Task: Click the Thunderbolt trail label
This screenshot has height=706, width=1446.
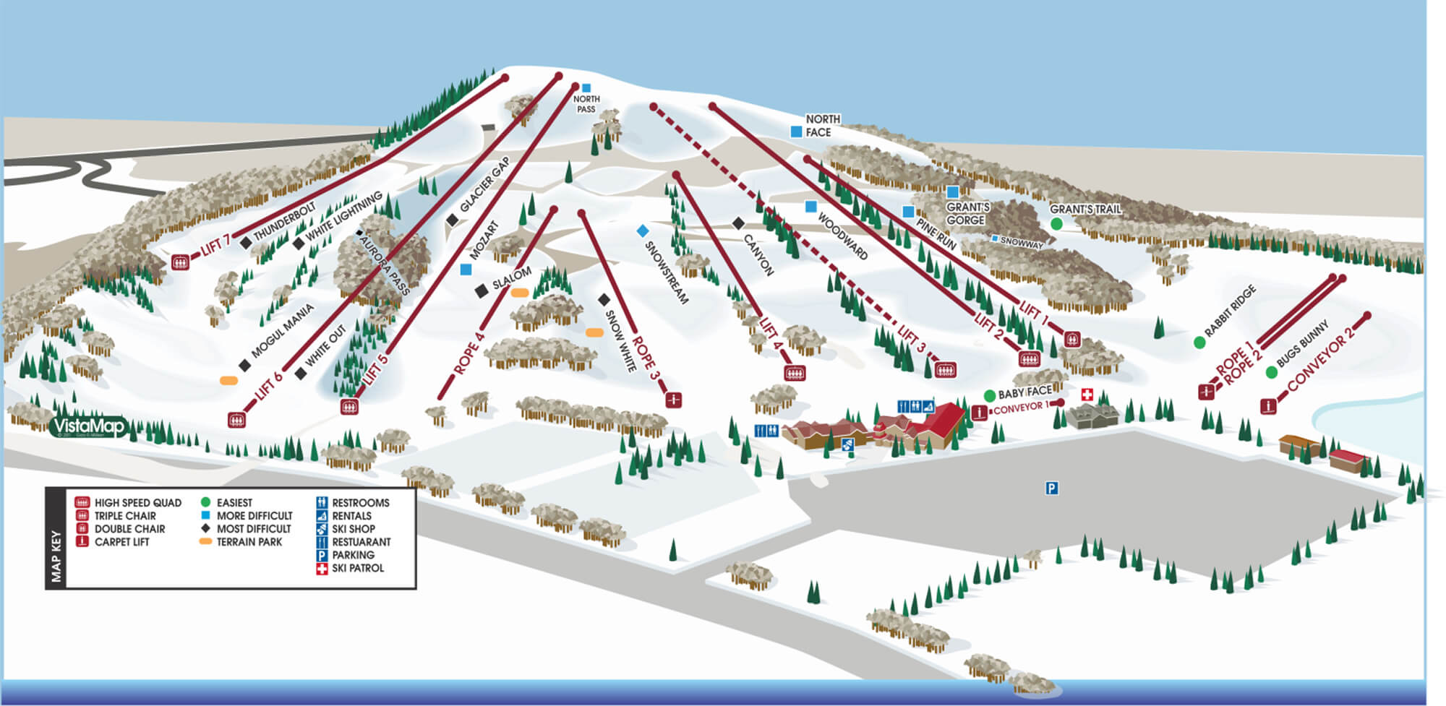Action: [284, 221]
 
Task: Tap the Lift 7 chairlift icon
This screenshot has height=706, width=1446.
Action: [180, 262]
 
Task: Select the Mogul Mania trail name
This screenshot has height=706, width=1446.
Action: [282, 331]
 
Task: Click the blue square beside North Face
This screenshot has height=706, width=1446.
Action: [796, 132]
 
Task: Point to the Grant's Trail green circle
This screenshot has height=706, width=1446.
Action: [1056, 224]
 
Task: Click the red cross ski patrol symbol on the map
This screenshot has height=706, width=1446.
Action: [1087, 395]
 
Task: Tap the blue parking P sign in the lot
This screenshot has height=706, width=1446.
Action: [1052, 488]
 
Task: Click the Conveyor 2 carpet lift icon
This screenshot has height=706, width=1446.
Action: [1267, 407]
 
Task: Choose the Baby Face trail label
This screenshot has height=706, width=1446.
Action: [1024, 392]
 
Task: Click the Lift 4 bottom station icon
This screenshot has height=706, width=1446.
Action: [795, 373]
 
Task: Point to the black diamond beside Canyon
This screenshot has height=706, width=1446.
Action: [738, 223]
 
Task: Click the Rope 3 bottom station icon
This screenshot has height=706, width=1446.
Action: [674, 399]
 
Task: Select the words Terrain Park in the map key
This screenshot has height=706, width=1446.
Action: [249, 542]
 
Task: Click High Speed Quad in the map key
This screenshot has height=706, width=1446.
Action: [137, 503]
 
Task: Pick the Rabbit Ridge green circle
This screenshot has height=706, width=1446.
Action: [1199, 343]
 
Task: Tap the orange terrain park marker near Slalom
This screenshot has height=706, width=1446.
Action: [519, 293]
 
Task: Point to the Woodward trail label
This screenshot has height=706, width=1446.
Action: [842, 236]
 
